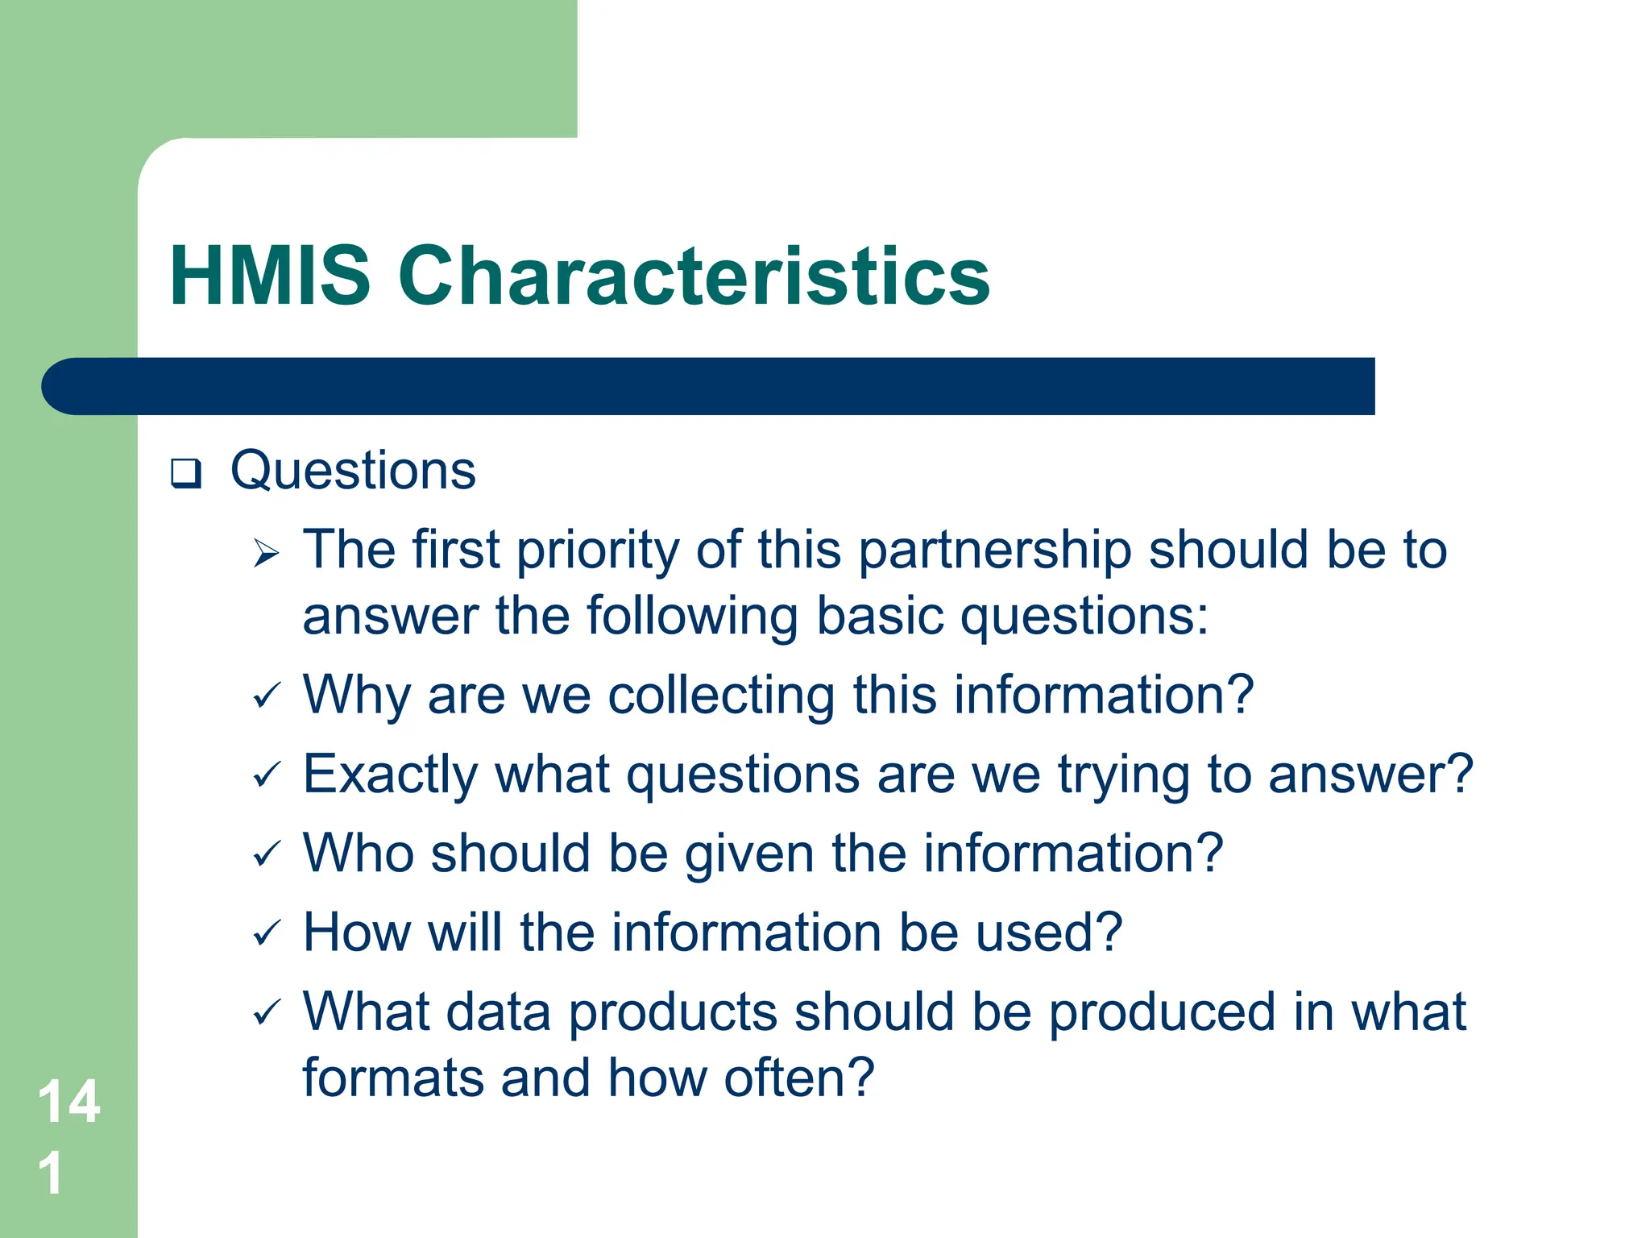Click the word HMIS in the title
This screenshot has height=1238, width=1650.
270,276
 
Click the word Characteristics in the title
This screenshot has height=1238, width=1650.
694,276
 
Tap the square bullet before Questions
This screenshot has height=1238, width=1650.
185,473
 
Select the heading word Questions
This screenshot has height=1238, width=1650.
353,470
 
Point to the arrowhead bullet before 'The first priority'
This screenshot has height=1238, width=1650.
266,553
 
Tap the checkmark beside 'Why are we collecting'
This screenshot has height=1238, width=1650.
267,696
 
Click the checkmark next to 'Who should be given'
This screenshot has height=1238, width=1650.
267,854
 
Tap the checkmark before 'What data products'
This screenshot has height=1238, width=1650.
267,1013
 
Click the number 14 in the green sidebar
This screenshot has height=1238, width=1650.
69,1102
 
